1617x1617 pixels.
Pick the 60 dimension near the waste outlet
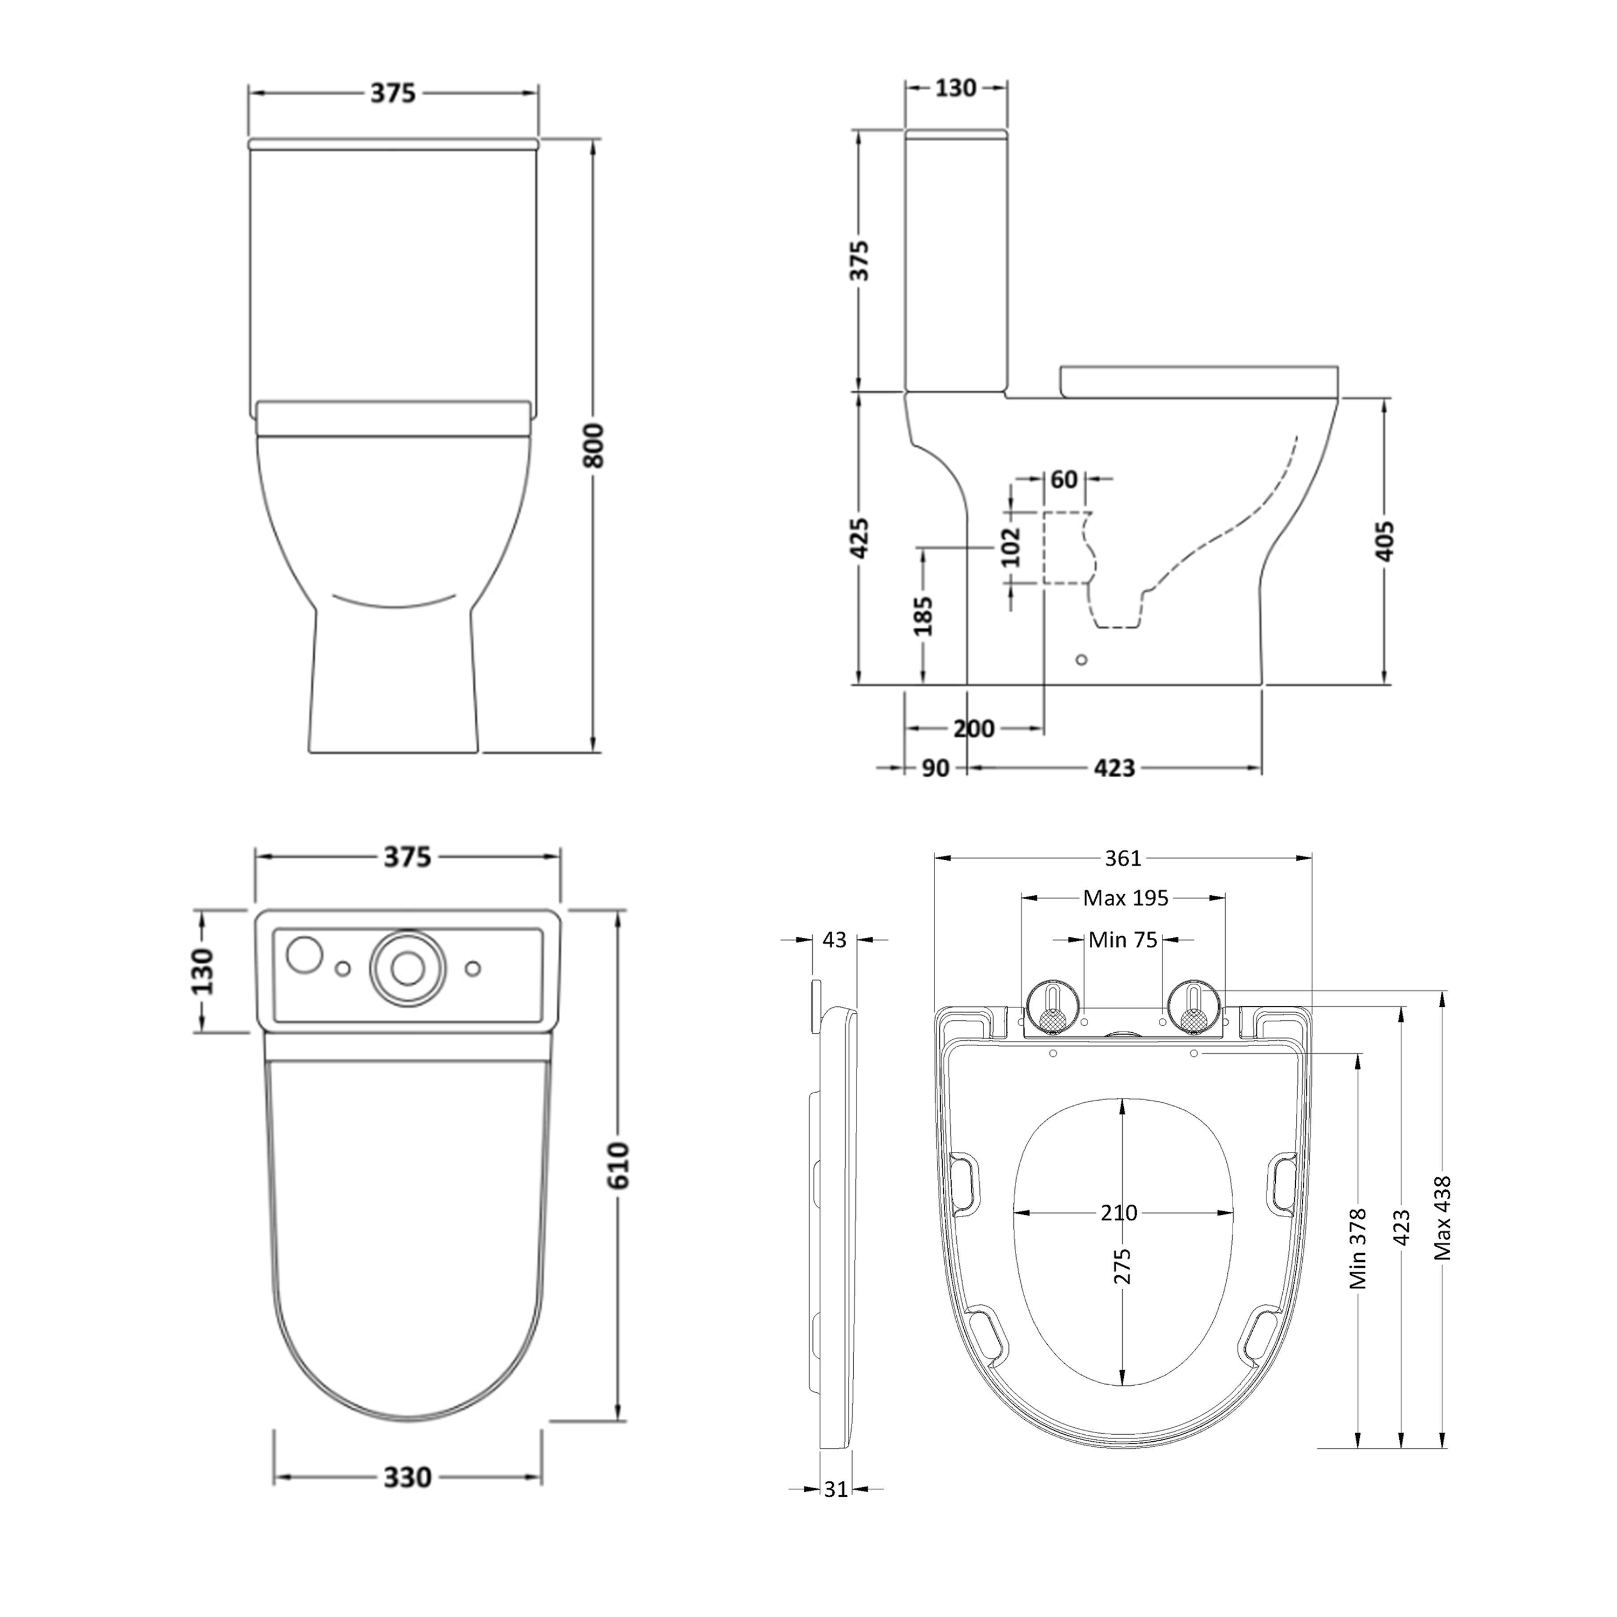pos(1064,480)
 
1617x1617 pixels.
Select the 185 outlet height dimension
pos(923,616)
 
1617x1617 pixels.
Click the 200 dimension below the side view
pos(974,728)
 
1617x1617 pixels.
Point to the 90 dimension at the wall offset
pos(935,768)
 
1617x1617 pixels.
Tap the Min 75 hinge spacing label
pos(1122,940)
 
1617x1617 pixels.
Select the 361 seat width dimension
pos(1123,858)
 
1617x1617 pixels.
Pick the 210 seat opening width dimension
pos(1119,1213)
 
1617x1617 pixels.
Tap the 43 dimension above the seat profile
pos(834,940)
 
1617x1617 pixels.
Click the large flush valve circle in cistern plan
pos(407,969)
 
